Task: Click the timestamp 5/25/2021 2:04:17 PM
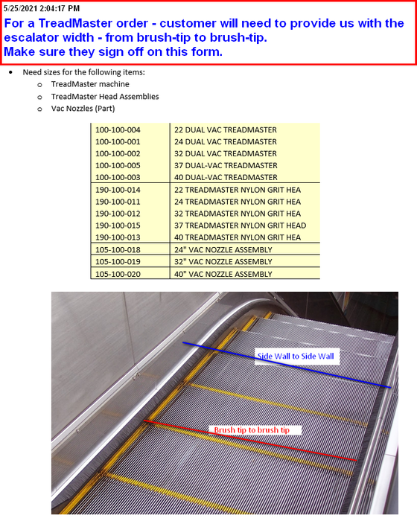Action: click(42, 8)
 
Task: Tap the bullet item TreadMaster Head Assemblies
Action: click(104, 96)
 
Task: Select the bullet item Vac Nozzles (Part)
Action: click(83, 108)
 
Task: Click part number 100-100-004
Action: click(118, 130)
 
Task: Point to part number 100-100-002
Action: click(118, 153)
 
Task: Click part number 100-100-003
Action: click(118, 177)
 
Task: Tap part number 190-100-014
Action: click(118, 190)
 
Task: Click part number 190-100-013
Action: click(118, 237)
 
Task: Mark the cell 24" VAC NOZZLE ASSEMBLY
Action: click(223, 249)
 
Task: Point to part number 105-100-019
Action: click(118, 261)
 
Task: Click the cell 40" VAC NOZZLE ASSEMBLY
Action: click(223, 273)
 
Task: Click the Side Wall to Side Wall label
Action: click(296, 357)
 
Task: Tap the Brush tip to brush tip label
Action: click(257, 430)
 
